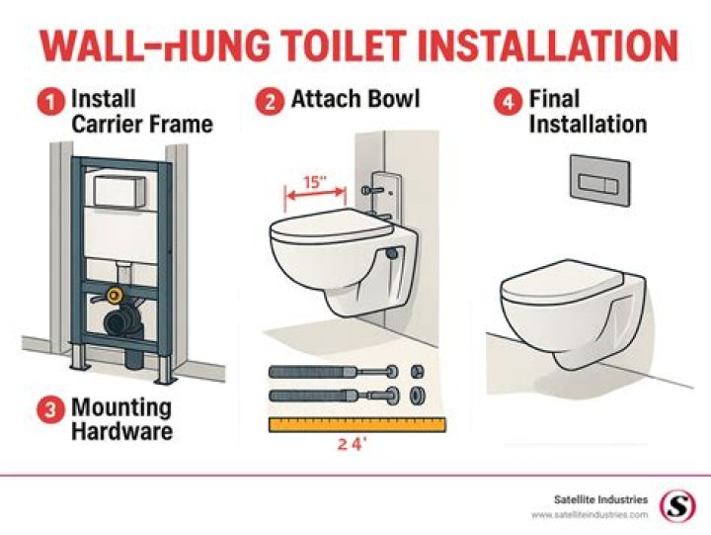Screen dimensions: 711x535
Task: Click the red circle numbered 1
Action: pos(51,101)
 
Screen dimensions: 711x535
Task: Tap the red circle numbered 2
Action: pos(270,101)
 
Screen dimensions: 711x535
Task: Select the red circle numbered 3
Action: pos(50,409)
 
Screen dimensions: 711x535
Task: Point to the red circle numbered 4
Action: pos(508,101)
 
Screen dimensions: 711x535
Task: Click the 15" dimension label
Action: pos(315,182)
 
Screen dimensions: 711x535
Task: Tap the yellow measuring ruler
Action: pos(357,424)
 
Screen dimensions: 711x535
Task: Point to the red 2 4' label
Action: pos(352,444)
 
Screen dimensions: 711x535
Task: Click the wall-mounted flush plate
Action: pos(600,180)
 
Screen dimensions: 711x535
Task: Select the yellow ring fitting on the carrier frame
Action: pos(115,296)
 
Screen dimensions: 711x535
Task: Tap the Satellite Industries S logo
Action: pos(677,506)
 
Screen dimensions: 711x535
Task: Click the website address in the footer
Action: pos(590,515)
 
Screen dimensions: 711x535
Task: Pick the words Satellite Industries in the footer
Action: pos(600,499)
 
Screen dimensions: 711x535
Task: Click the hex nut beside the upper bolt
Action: pos(417,372)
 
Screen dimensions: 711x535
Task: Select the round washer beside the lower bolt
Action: pos(417,396)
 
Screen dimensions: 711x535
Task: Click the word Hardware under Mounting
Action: pos(122,431)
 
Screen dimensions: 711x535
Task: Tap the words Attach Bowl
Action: pos(355,99)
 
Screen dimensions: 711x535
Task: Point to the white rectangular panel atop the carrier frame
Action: pos(119,191)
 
